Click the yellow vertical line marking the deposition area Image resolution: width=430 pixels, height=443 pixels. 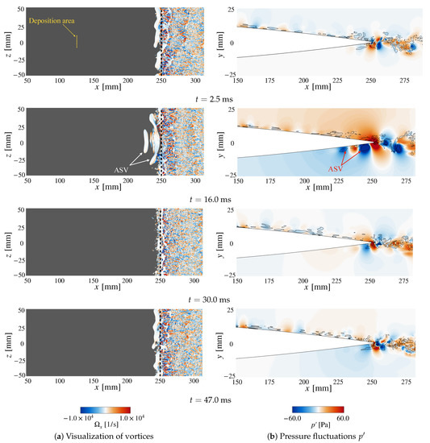[77, 43]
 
